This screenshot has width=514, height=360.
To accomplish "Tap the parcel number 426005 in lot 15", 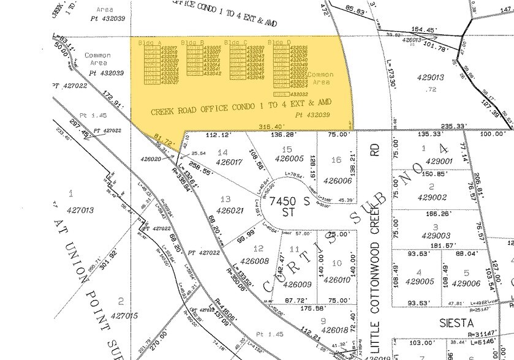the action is tap(289, 159).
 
